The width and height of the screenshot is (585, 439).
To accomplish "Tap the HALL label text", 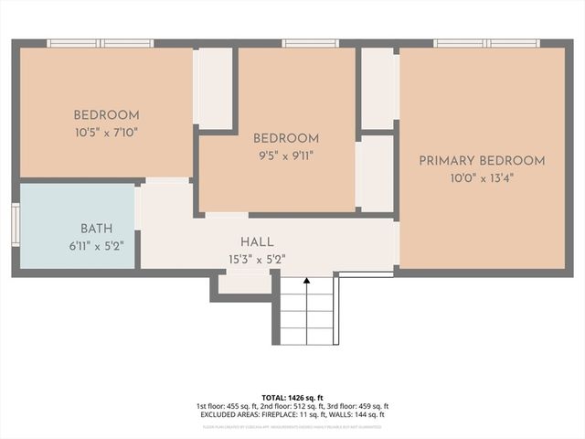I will click(257, 241).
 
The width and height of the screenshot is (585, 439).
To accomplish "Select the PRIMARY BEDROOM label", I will click(482, 161).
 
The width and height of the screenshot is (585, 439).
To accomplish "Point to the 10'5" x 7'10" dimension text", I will click(106, 132).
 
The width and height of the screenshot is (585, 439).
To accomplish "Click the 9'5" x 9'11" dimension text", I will click(285, 155).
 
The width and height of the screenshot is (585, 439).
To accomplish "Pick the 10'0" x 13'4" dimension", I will click(482, 178).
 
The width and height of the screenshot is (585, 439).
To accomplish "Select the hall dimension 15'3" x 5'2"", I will click(257, 258).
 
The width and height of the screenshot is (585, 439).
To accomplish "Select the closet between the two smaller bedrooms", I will click(216, 88).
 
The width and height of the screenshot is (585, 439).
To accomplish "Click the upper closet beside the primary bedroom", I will click(378, 88).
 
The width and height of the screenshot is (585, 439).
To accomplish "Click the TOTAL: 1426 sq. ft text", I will click(292, 397).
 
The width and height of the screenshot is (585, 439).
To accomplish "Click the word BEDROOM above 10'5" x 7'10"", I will click(106, 115).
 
